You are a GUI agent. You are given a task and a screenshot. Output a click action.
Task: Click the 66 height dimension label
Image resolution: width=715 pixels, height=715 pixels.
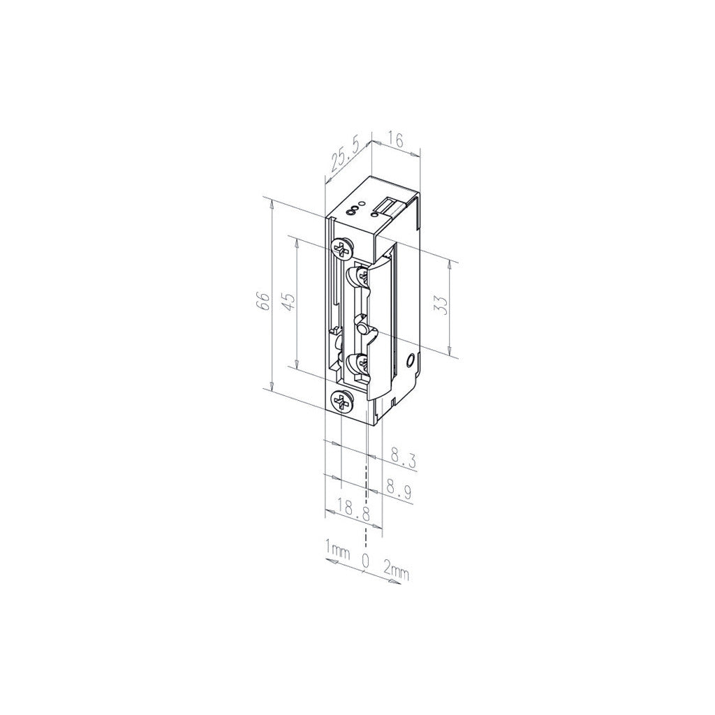point(263,301)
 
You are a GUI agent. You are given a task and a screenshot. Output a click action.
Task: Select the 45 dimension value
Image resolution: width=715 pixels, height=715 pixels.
point(290,300)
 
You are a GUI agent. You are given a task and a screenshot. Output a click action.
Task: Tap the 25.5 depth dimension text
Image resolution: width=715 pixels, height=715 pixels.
point(345,156)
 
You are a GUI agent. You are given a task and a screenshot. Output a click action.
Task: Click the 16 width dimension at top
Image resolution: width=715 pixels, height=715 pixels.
point(397,140)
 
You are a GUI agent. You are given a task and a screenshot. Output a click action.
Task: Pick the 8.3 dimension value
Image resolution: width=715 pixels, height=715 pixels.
point(403,458)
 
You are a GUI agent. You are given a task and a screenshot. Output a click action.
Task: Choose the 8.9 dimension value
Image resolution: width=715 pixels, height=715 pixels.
point(399,488)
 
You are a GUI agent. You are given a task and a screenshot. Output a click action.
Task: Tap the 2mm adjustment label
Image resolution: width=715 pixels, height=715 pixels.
point(397,571)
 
